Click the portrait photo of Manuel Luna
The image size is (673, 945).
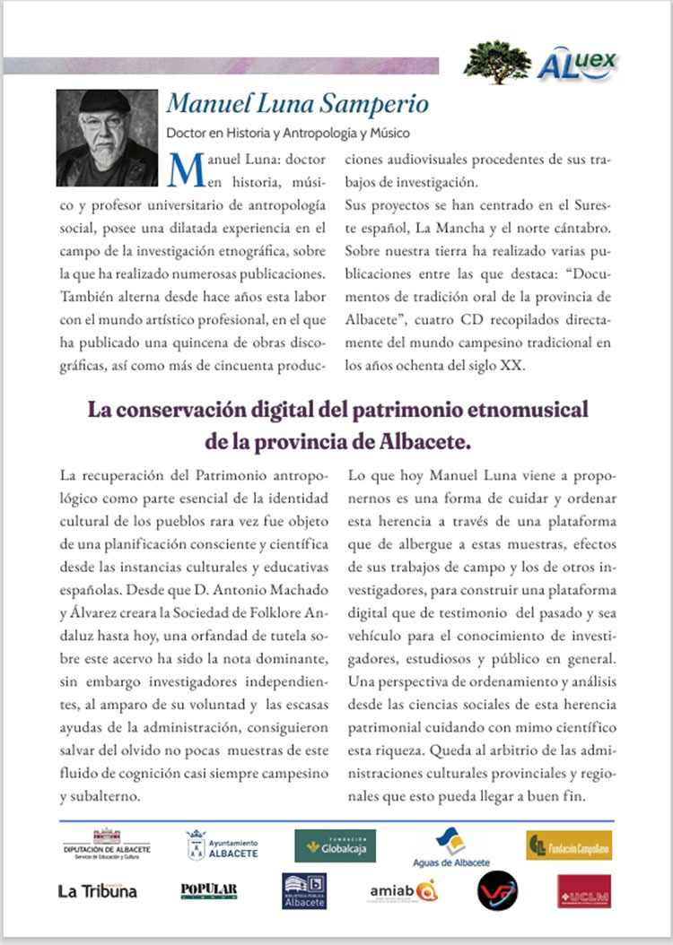click(107, 137)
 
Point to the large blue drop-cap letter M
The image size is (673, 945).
click(184, 167)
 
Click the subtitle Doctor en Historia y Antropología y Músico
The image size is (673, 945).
click(288, 134)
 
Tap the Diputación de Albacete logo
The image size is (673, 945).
click(107, 845)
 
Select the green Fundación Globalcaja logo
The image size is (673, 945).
click(336, 845)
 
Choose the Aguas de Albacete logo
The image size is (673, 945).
click(451, 847)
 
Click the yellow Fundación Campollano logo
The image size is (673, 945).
click(569, 845)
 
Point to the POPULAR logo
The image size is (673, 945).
click(209, 889)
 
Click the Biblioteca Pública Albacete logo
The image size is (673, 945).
click(304, 891)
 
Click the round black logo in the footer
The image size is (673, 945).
click(497, 891)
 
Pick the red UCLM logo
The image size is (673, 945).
click(583, 891)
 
